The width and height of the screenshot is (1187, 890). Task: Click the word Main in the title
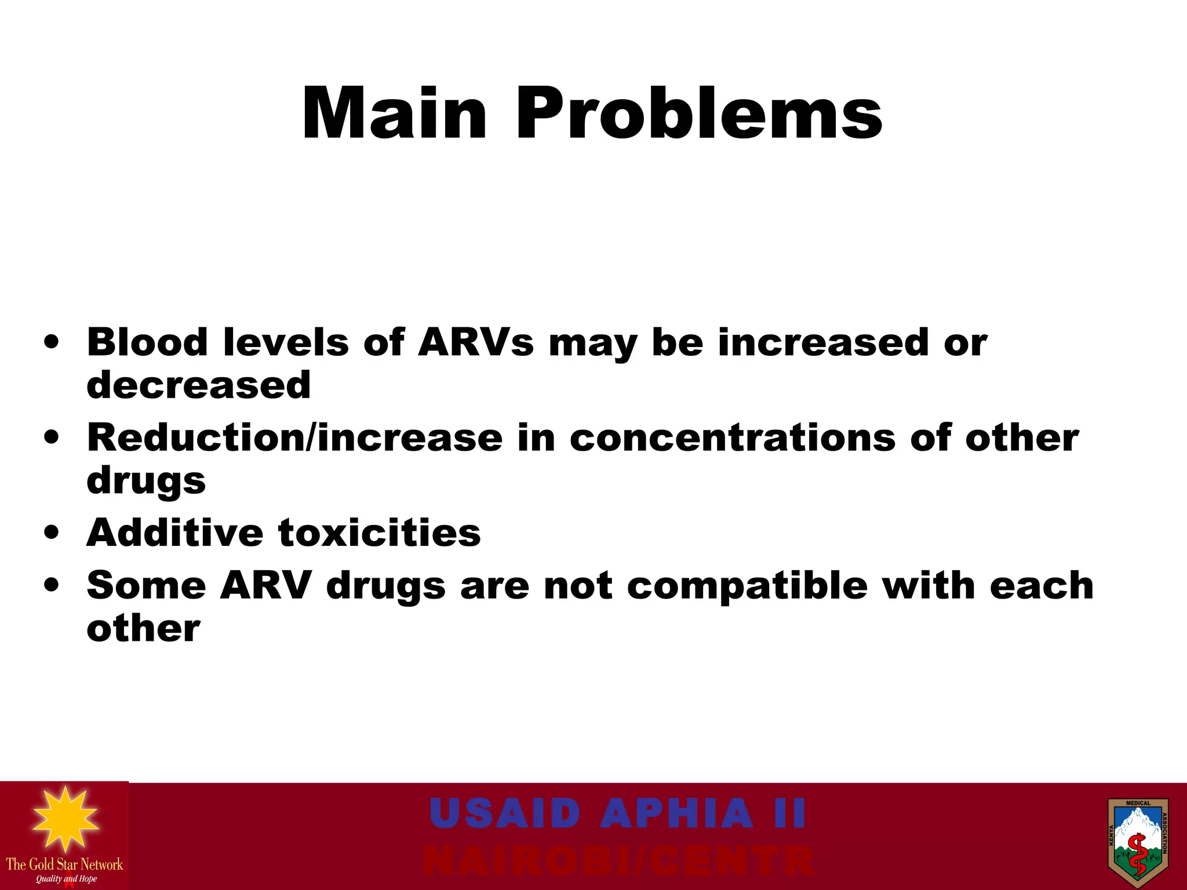click(x=394, y=114)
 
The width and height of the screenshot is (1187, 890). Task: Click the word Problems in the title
click(x=699, y=114)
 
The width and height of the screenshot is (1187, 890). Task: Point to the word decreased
click(x=198, y=385)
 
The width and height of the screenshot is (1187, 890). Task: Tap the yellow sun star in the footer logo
click(x=65, y=819)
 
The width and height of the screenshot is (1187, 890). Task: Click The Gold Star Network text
click(x=64, y=865)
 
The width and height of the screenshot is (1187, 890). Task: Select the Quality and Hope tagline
click(x=66, y=879)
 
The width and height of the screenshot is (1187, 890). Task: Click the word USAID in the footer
click(x=505, y=813)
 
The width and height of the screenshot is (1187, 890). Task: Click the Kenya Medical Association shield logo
click(x=1137, y=842)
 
